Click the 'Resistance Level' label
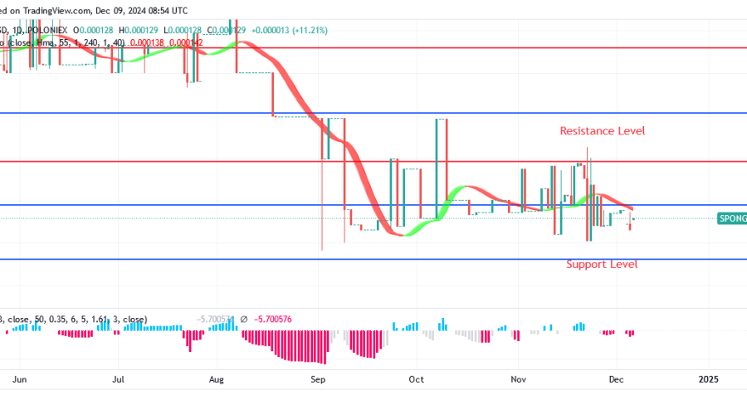tap(602, 131)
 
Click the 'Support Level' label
tap(602, 265)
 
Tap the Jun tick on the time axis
tap(21, 379)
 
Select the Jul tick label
tap(119, 379)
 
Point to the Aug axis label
tap(217, 379)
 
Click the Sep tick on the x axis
tap(317, 379)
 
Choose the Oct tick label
tap(417, 379)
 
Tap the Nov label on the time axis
tap(518, 379)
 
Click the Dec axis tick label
tap(615, 379)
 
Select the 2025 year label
tap(708, 379)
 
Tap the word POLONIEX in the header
tap(49, 30)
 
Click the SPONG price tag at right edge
tap(731, 218)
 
